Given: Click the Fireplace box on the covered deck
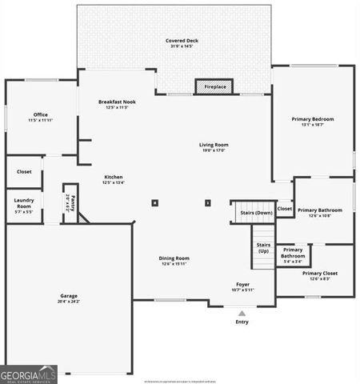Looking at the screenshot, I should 214,86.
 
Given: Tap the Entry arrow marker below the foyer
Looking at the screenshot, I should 242,313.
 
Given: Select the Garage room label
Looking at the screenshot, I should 68,295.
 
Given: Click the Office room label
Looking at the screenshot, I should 40,114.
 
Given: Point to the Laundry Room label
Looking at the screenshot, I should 24,206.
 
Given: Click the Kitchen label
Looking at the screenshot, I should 113,177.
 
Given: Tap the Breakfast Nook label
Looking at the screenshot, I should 117,102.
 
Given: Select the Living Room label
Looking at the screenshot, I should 214,145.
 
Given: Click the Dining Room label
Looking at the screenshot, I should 174,258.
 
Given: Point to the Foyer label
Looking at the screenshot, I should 242,284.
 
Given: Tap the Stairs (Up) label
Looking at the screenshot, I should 262,247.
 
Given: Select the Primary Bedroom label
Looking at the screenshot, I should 312,119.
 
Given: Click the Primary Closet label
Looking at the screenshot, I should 319,273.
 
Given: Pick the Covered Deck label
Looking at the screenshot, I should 182,40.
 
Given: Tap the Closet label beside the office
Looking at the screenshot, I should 24,171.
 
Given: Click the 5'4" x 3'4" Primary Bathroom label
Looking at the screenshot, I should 293,255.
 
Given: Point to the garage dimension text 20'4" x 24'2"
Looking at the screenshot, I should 68,302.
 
